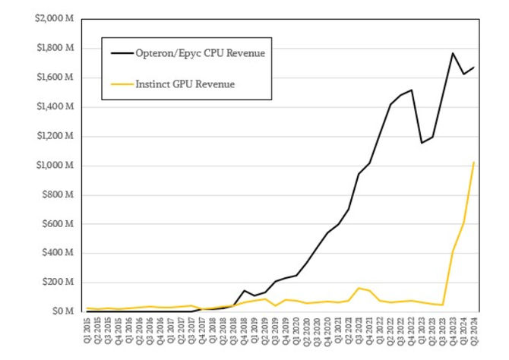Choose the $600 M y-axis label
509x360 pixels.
(57, 224)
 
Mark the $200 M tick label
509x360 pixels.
(57, 283)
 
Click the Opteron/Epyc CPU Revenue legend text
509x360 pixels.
(199, 53)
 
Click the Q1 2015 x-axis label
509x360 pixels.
(87, 333)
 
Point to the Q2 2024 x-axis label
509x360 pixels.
(474, 333)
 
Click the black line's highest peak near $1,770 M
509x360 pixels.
(453, 53)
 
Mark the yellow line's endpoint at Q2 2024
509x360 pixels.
(474, 162)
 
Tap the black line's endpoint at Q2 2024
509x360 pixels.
(474, 68)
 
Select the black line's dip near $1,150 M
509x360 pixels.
(422, 143)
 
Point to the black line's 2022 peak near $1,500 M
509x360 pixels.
(411, 90)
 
